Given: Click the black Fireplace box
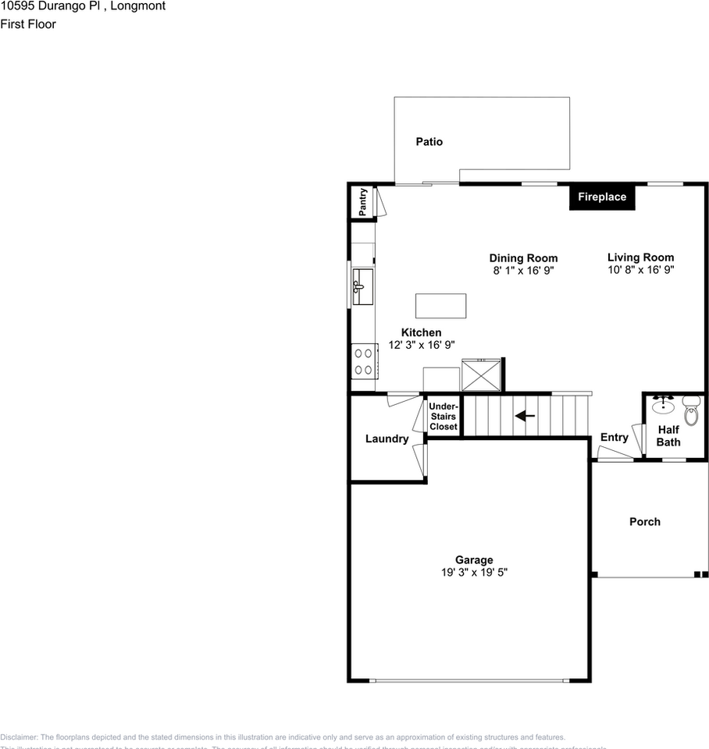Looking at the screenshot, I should pos(602,197).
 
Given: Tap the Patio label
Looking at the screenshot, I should pos(429,142).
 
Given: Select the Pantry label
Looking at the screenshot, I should pos(363,202).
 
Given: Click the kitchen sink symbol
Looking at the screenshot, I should pos(363,286).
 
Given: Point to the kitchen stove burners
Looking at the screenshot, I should pos(363,361).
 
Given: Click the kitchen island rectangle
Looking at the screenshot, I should pos(440,306).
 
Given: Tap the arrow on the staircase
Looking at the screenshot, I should pos(525,416).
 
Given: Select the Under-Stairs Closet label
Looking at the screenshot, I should pos(444,416).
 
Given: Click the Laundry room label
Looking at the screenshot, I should pos(387,439).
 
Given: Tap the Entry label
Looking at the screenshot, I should pos(614,438).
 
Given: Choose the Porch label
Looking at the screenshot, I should pos(645,522).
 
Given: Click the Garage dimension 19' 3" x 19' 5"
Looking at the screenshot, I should pos(474,573).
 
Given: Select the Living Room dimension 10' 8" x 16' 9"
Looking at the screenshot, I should pos(640,270).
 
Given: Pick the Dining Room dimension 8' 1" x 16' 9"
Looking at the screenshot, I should pos(523,271).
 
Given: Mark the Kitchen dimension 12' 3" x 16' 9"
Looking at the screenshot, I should pos(422,345).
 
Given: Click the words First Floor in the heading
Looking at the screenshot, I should pos(28,24).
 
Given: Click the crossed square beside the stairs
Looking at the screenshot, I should pos(481,375).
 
